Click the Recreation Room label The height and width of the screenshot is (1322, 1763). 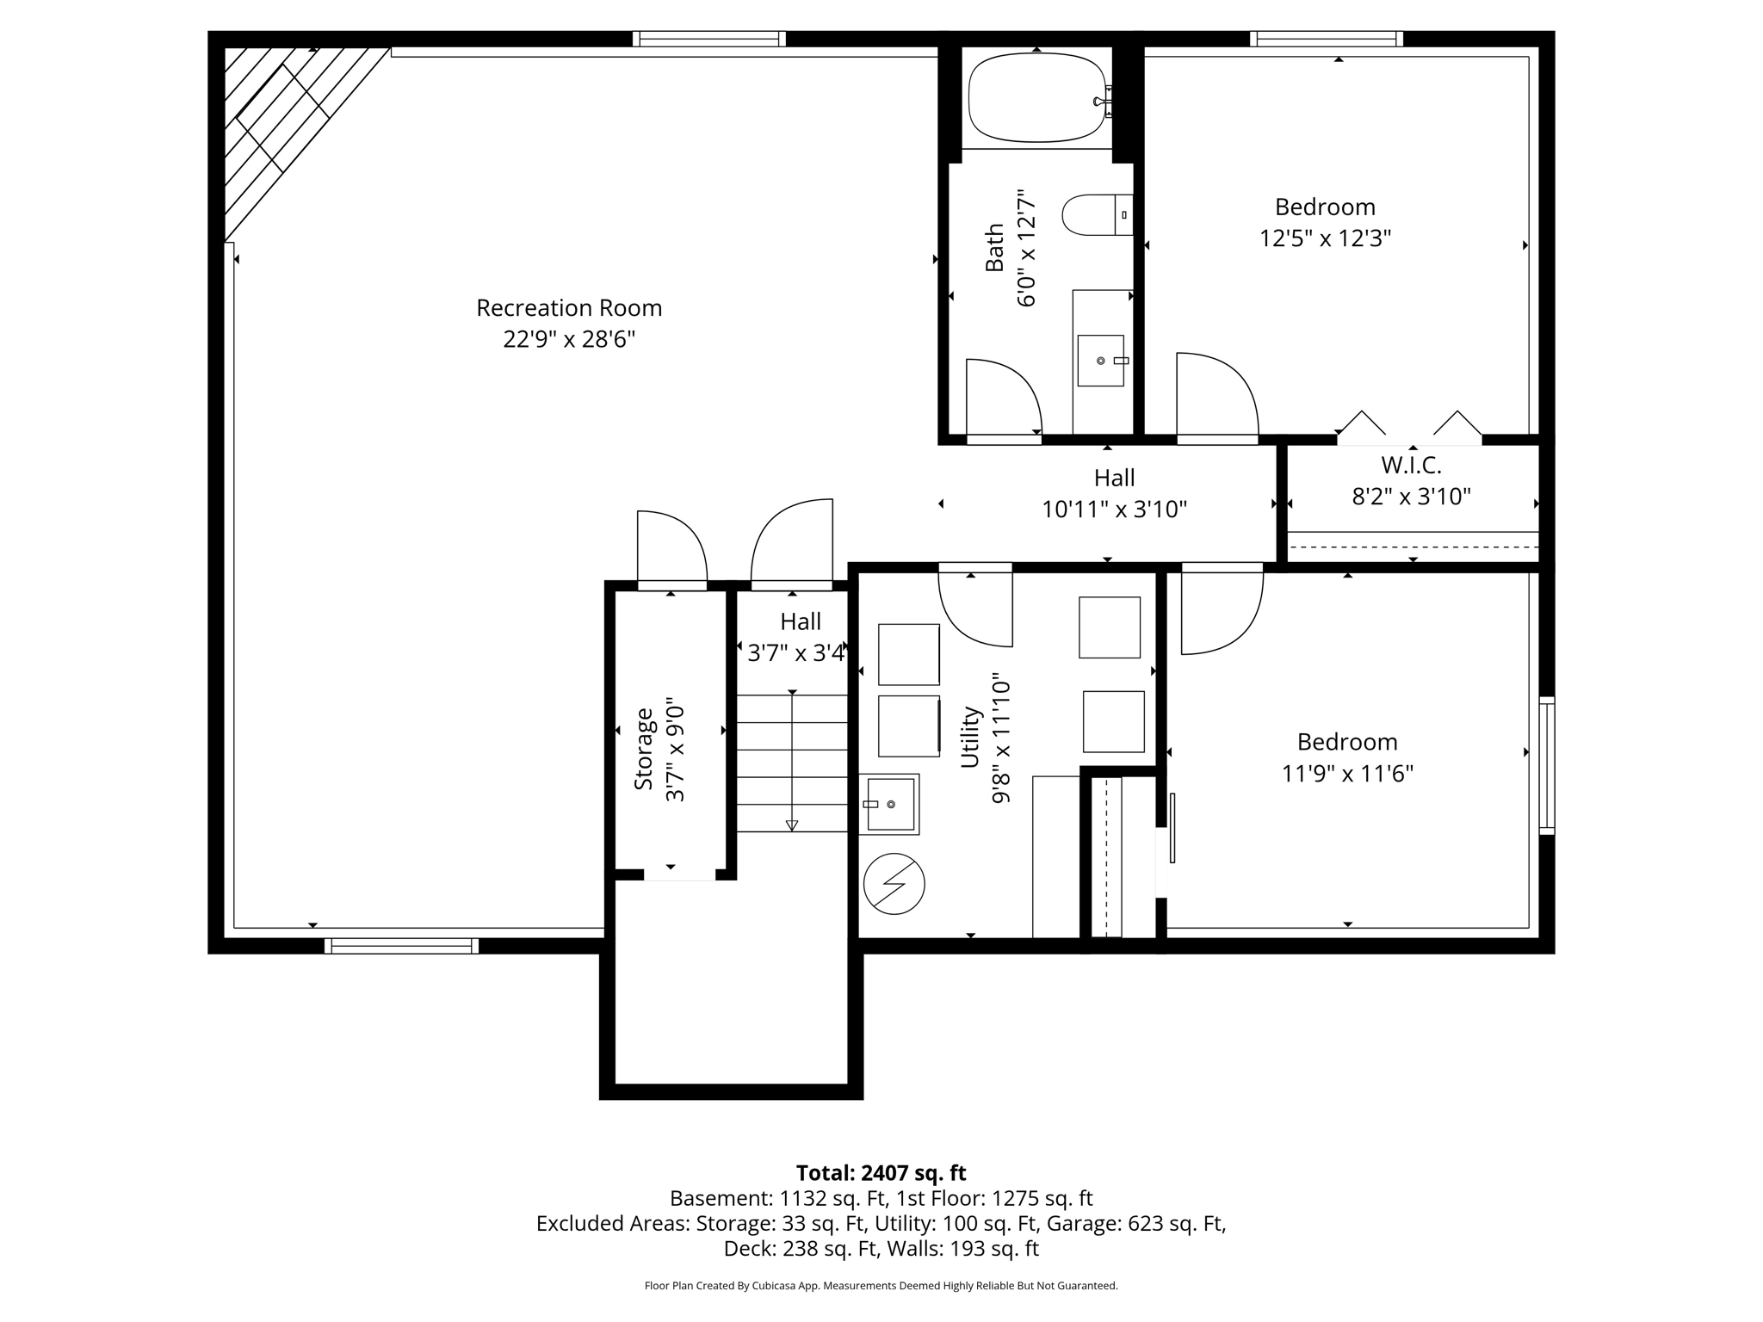click(569, 308)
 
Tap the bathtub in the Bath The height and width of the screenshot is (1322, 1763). click(1037, 98)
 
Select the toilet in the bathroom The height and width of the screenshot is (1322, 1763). click(1097, 214)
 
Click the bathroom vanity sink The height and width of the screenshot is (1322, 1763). click(1101, 361)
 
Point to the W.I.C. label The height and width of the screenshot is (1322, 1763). click(1411, 465)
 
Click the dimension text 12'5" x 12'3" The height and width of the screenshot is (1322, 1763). click(1325, 238)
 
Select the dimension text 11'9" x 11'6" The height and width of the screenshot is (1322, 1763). click(1347, 774)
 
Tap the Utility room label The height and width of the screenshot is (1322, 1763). click(970, 737)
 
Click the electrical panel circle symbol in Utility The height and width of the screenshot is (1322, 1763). click(894, 883)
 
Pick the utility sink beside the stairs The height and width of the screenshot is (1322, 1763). click(890, 804)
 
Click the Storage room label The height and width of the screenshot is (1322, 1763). click(643, 748)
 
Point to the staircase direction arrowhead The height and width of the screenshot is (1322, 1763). click(792, 825)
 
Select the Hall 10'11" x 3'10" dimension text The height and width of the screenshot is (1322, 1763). click(1114, 510)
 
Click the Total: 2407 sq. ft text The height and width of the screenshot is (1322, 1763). click(881, 1173)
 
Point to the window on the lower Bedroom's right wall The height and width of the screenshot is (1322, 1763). click(1547, 765)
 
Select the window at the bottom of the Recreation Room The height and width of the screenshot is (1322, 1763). click(401, 946)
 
